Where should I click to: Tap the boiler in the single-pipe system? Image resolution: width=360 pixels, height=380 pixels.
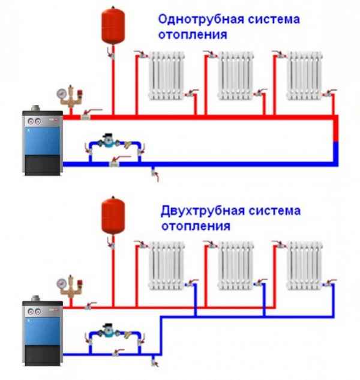[x=41, y=143]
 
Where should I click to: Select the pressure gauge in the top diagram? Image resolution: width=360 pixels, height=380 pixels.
[x=61, y=94]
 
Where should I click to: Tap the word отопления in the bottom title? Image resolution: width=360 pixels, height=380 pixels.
[x=195, y=228]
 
